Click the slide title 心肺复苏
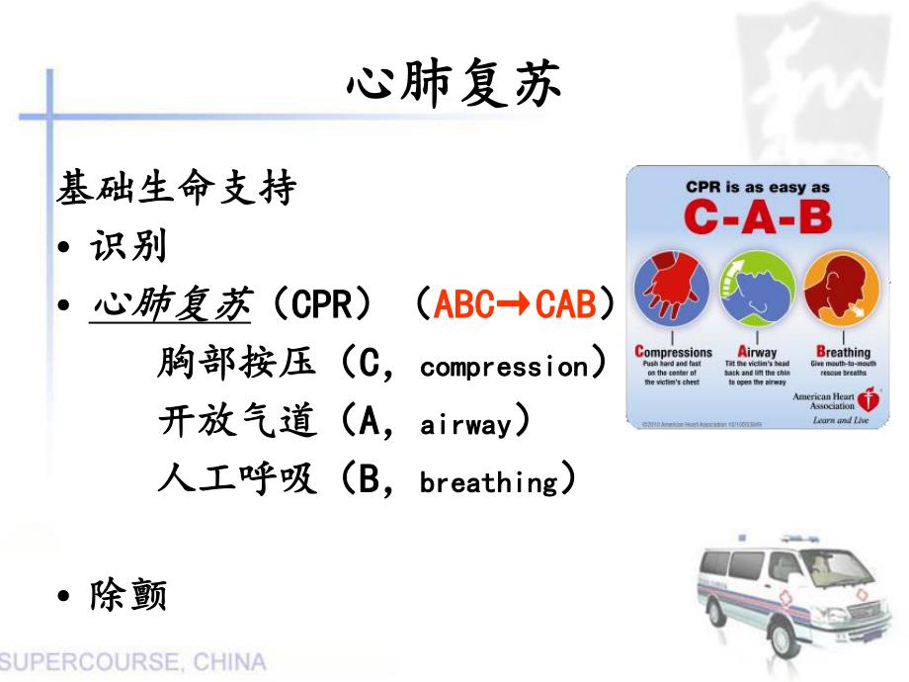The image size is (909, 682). click(454, 87)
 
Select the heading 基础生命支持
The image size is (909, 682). click(177, 189)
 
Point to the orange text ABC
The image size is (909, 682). click(464, 306)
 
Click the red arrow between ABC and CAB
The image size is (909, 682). click(515, 306)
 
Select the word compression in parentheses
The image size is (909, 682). click(504, 368)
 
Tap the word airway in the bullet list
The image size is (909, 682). click(466, 425)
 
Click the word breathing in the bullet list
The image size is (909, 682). click(489, 483)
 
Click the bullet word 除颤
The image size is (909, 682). click(128, 595)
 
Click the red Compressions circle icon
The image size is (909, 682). click(673, 291)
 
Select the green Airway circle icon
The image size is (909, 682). click(757, 291)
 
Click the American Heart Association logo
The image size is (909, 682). click(869, 400)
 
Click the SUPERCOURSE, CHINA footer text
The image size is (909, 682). click(133, 661)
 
